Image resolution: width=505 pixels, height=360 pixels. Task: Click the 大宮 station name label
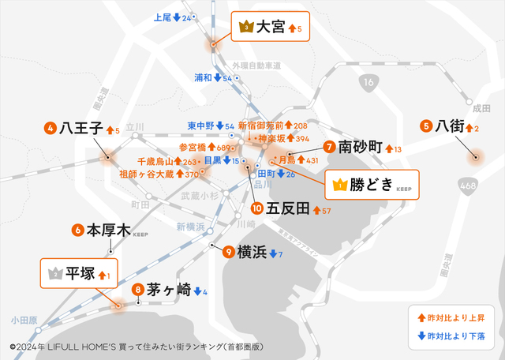coord(271,28)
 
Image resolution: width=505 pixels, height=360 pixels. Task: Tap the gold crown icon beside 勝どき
coord(340,186)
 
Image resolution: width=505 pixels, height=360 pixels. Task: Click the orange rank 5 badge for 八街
coord(426,126)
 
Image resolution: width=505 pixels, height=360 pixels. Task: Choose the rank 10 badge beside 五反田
coord(256,209)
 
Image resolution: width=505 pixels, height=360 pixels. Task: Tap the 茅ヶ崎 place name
coord(168,290)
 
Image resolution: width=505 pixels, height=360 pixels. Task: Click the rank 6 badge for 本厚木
coord(77,231)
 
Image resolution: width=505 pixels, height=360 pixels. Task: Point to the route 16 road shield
coord(369,81)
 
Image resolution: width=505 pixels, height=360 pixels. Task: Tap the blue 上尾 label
coord(163,17)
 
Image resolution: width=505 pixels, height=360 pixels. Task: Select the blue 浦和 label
coord(204,78)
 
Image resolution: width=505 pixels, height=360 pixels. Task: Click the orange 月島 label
coord(285,160)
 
